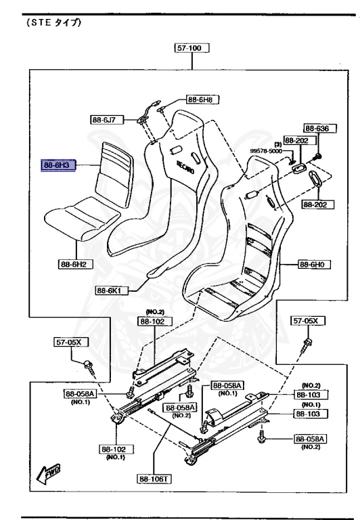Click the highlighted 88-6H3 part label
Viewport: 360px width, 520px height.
(x=58, y=165)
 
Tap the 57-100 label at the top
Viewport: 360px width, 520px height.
(x=192, y=48)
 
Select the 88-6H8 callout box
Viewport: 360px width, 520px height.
(x=202, y=99)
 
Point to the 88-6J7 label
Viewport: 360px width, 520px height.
(x=107, y=119)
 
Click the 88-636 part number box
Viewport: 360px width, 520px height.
(x=320, y=129)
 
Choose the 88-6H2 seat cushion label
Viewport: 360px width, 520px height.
(x=76, y=264)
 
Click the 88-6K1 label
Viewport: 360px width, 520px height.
(x=112, y=290)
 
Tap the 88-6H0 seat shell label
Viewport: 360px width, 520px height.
(x=314, y=264)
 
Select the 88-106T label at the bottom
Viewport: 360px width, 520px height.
(x=154, y=479)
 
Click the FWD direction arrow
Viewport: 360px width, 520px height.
(x=48, y=473)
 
